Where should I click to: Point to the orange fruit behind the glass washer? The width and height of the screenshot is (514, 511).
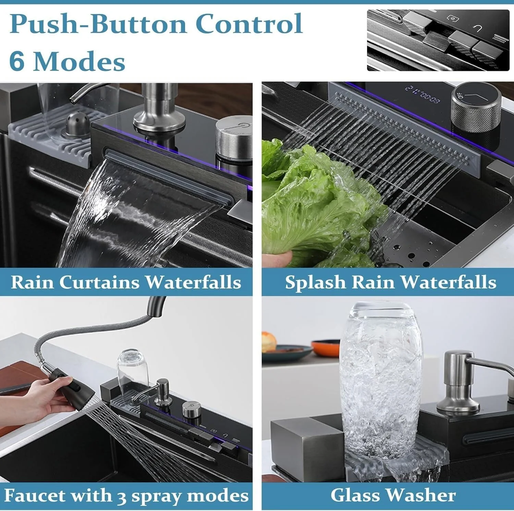pyautogui.click(x=269, y=342)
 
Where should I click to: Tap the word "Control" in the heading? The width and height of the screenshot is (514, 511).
pyautogui.click(x=250, y=23)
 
